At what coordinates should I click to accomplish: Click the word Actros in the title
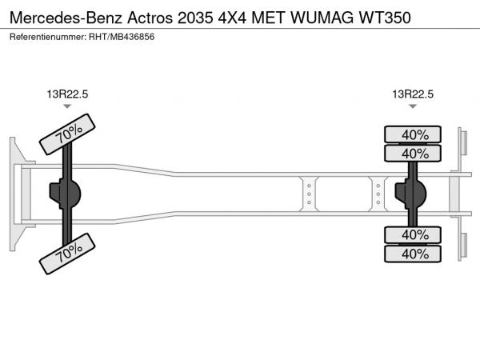(146, 17)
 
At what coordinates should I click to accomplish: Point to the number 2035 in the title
(196, 17)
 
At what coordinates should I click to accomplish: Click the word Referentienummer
(46, 38)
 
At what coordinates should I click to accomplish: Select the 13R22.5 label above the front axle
(67, 94)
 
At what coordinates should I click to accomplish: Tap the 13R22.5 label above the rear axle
(413, 94)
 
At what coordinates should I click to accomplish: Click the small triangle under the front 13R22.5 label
(67, 107)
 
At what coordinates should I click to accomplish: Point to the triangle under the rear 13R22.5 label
(413, 107)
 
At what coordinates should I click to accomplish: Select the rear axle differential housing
(412, 194)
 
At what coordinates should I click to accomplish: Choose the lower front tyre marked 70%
(69, 254)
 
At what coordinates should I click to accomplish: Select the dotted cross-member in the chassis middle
(307, 194)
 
